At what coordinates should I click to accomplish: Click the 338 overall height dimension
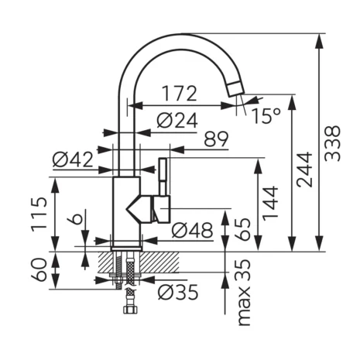click(334, 143)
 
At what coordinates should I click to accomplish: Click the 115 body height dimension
click(40, 214)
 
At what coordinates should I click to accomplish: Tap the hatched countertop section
click(155, 261)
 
